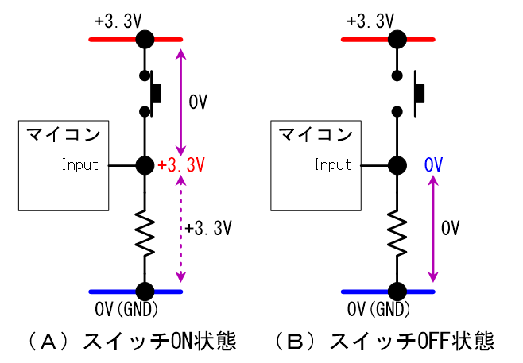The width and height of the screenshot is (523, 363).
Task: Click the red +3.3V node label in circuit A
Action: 182,166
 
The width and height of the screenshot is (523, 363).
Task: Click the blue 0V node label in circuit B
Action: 433,166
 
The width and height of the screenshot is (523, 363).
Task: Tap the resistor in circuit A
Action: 145,231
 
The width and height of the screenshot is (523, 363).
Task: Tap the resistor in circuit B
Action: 396,231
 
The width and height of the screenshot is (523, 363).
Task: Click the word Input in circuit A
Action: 80,165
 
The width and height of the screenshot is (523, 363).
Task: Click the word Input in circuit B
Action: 332,165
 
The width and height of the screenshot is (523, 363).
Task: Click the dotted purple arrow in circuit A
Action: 182,230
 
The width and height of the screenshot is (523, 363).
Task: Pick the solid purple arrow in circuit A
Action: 182,103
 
